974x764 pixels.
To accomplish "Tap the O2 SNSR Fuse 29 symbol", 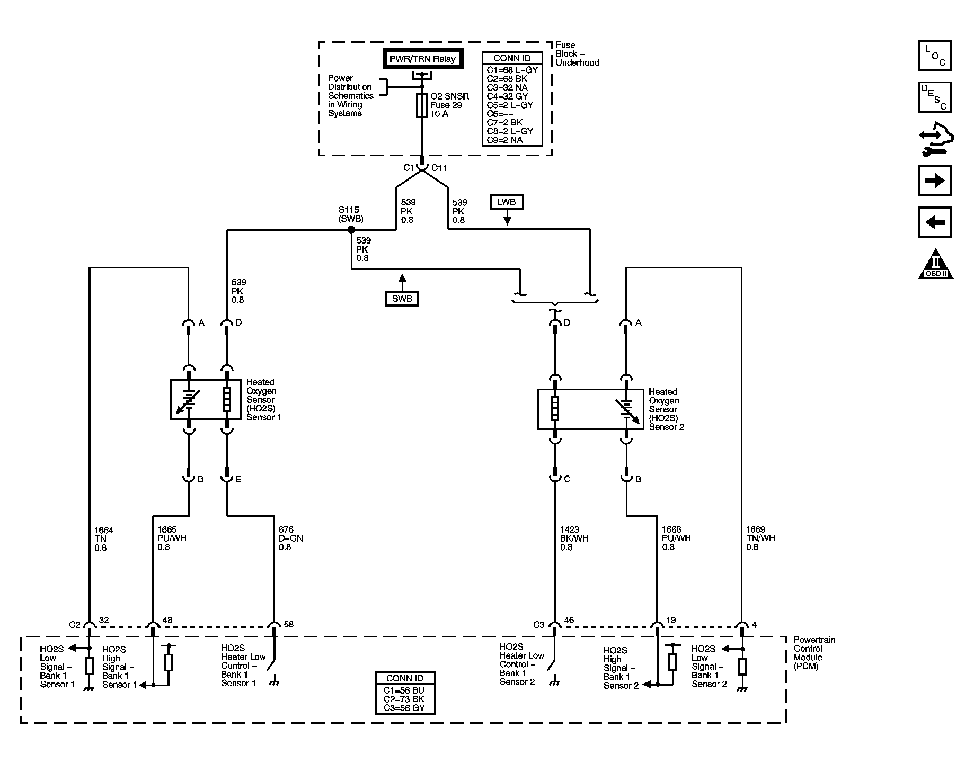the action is [422, 105].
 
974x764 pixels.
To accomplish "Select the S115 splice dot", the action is [351, 230].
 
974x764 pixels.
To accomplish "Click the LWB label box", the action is [507, 202].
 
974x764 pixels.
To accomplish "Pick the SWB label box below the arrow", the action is [402, 299].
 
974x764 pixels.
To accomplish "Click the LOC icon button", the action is [935, 56].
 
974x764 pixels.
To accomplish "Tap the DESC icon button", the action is [935, 97].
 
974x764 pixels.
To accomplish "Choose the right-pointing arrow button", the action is [935, 181].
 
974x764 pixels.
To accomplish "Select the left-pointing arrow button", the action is [935, 222].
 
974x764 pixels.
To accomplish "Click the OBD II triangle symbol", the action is [936, 264].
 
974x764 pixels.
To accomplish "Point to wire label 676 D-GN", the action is [291, 538].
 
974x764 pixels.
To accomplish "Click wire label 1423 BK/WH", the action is [574, 538].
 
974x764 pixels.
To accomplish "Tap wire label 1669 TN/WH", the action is [760, 538].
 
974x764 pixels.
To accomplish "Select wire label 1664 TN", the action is [103, 539].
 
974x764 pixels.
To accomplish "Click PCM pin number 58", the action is [289, 625].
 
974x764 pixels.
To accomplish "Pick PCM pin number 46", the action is [569, 621].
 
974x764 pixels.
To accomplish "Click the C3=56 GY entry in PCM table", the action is [404, 708].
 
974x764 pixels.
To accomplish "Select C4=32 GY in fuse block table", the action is [508, 96].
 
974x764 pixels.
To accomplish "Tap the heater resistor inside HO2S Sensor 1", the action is [227, 399].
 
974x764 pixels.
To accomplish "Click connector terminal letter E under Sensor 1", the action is [238, 479].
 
